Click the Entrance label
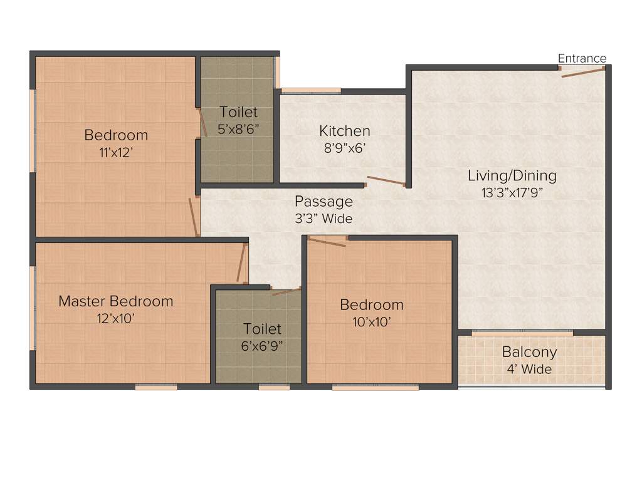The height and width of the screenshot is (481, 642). pyautogui.click(x=582, y=58)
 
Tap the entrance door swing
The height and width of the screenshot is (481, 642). pyautogui.click(x=582, y=72)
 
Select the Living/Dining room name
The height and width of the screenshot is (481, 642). pyautogui.click(x=512, y=175)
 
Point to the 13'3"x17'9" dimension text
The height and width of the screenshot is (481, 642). pyautogui.click(x=512, y=192)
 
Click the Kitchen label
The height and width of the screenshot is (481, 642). pyautogui.click(x=344, y=131)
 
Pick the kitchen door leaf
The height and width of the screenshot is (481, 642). pyautogui.click(x=386, y=181)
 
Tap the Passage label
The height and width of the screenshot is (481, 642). pyautogui.click(x=324, y=202)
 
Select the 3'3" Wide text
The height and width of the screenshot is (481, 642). pyautogui.click(x=324, y=219)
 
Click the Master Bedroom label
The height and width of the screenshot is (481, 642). pyautogui.click(x=115, y=301)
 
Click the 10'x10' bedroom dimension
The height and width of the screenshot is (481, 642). pyautogui.click(x=371, y=322)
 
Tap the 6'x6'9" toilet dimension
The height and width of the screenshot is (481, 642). pyautogui.click(x=262, y=345)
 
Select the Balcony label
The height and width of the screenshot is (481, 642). pyautogui.click(x=529, y=352)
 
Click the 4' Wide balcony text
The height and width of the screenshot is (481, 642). pyautogui.click(x=529, y=369)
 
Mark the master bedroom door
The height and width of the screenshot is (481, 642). pyautogui.click(x=240, y=263)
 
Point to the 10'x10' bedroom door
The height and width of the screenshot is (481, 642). pyautogui.click(x=327, y=242)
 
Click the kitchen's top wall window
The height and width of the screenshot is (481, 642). pyautogui.click(x=310, y=91)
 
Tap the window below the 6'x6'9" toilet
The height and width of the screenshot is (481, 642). pyautogui.click(x=274, y=387)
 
